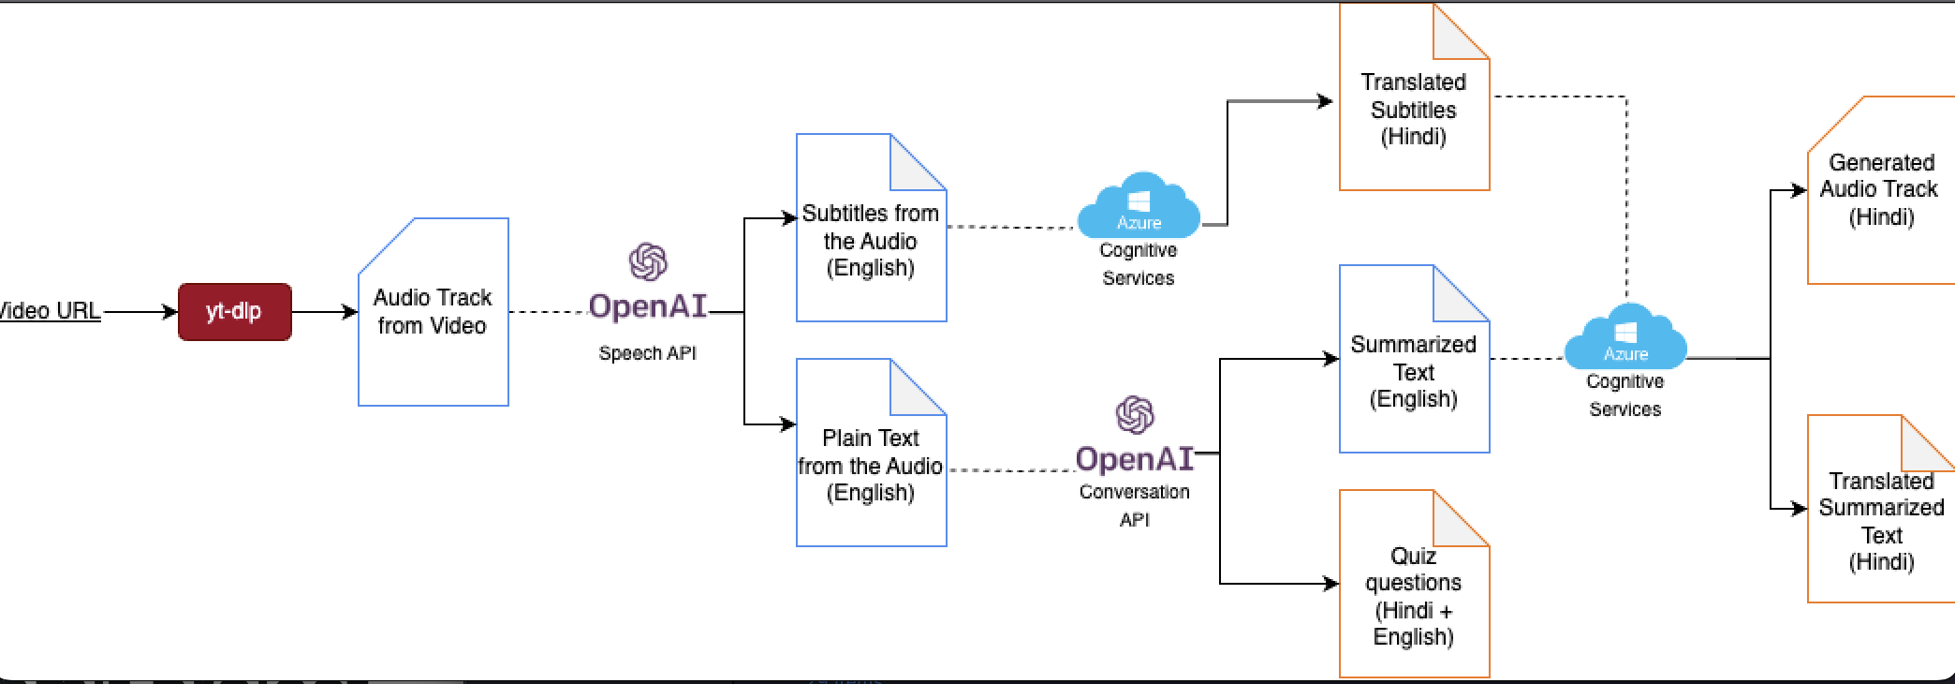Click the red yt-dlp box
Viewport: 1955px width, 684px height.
click(x=234, y=312)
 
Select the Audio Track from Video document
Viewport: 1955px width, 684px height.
click(x=433, y=312)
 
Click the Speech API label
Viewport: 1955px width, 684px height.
click(x=647, y=353)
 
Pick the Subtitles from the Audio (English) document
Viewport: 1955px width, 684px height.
click(x=871, y=241)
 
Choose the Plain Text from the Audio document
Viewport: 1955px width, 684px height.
click(x=871, y=466)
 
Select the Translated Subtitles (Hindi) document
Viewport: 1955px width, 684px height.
click(x=1414, y=110)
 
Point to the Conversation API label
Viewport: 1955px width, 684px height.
click(x=1134, y=505)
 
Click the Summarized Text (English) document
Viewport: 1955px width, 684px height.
click(x=1414, y=372)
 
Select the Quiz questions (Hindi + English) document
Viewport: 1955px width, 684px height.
click(x=1414, y=597)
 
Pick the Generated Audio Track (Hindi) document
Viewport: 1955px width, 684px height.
click(x=1880, y=190)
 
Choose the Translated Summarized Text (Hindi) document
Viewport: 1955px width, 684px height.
click(x=1880, y=521)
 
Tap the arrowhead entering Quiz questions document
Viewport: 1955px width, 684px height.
click(x=1330, y=584)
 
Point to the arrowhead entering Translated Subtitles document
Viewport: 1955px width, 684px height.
click(x=1325, y=101)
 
